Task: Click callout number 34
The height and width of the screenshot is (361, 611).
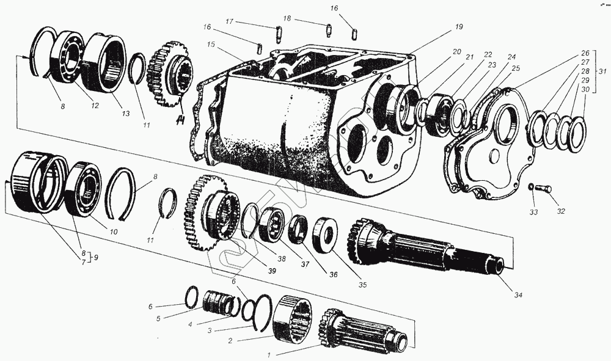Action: (x=518, y=296)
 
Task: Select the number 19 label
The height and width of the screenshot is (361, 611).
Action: (x=458, y=27)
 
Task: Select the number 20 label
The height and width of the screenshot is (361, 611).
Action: (x=456, y=52)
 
